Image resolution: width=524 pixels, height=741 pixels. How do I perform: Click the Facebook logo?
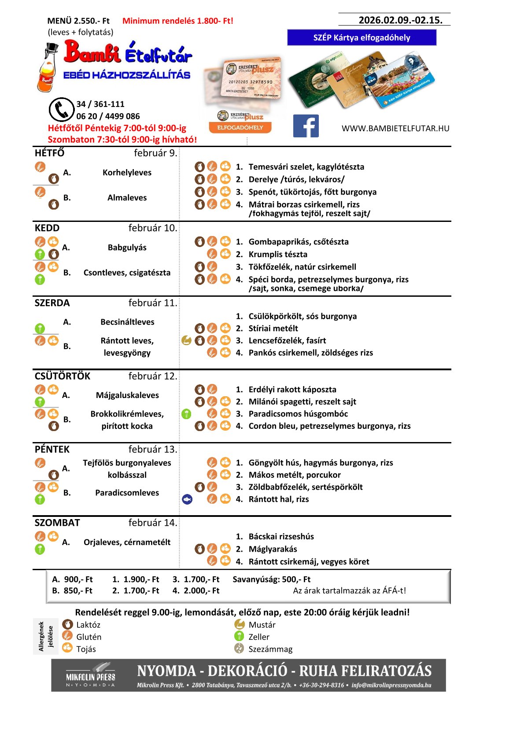click(x=306, y=126)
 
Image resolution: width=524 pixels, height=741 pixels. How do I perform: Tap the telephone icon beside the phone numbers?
click(x=61, y=110)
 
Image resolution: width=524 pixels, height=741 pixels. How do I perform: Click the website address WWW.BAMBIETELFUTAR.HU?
click(x=395, y=129)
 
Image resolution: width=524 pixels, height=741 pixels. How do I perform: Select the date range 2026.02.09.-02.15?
click(x=400, y=20)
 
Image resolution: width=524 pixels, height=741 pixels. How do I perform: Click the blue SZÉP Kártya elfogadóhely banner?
click(x=362, y=37)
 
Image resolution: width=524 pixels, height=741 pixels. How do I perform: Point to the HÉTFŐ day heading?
click(x=50, y=153)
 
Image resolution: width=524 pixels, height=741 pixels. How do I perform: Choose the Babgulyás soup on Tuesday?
click(x=127, y=247)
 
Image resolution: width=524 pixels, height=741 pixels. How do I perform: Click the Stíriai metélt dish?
click(x=273, y=328)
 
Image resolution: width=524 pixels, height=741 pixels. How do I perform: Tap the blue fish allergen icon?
click(x=187, y=499)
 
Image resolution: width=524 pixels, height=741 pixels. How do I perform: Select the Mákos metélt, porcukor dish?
click(x=294, y=475)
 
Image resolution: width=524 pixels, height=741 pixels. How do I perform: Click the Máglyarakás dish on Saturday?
click(x=273, y=549)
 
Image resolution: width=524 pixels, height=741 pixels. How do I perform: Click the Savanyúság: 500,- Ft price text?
click(x=271, y=579)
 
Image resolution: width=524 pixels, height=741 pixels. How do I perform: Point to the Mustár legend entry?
click(x=262, y=625)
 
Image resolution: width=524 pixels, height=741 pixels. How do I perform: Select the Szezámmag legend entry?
click(x=270, y=649)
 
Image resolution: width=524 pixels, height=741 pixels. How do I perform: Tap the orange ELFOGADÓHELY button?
click(x=240, y=128)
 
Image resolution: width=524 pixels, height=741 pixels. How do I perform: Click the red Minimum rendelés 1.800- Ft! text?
click(x=177, y=21)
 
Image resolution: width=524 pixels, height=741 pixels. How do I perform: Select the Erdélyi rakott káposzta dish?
click(x=292, y=390)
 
